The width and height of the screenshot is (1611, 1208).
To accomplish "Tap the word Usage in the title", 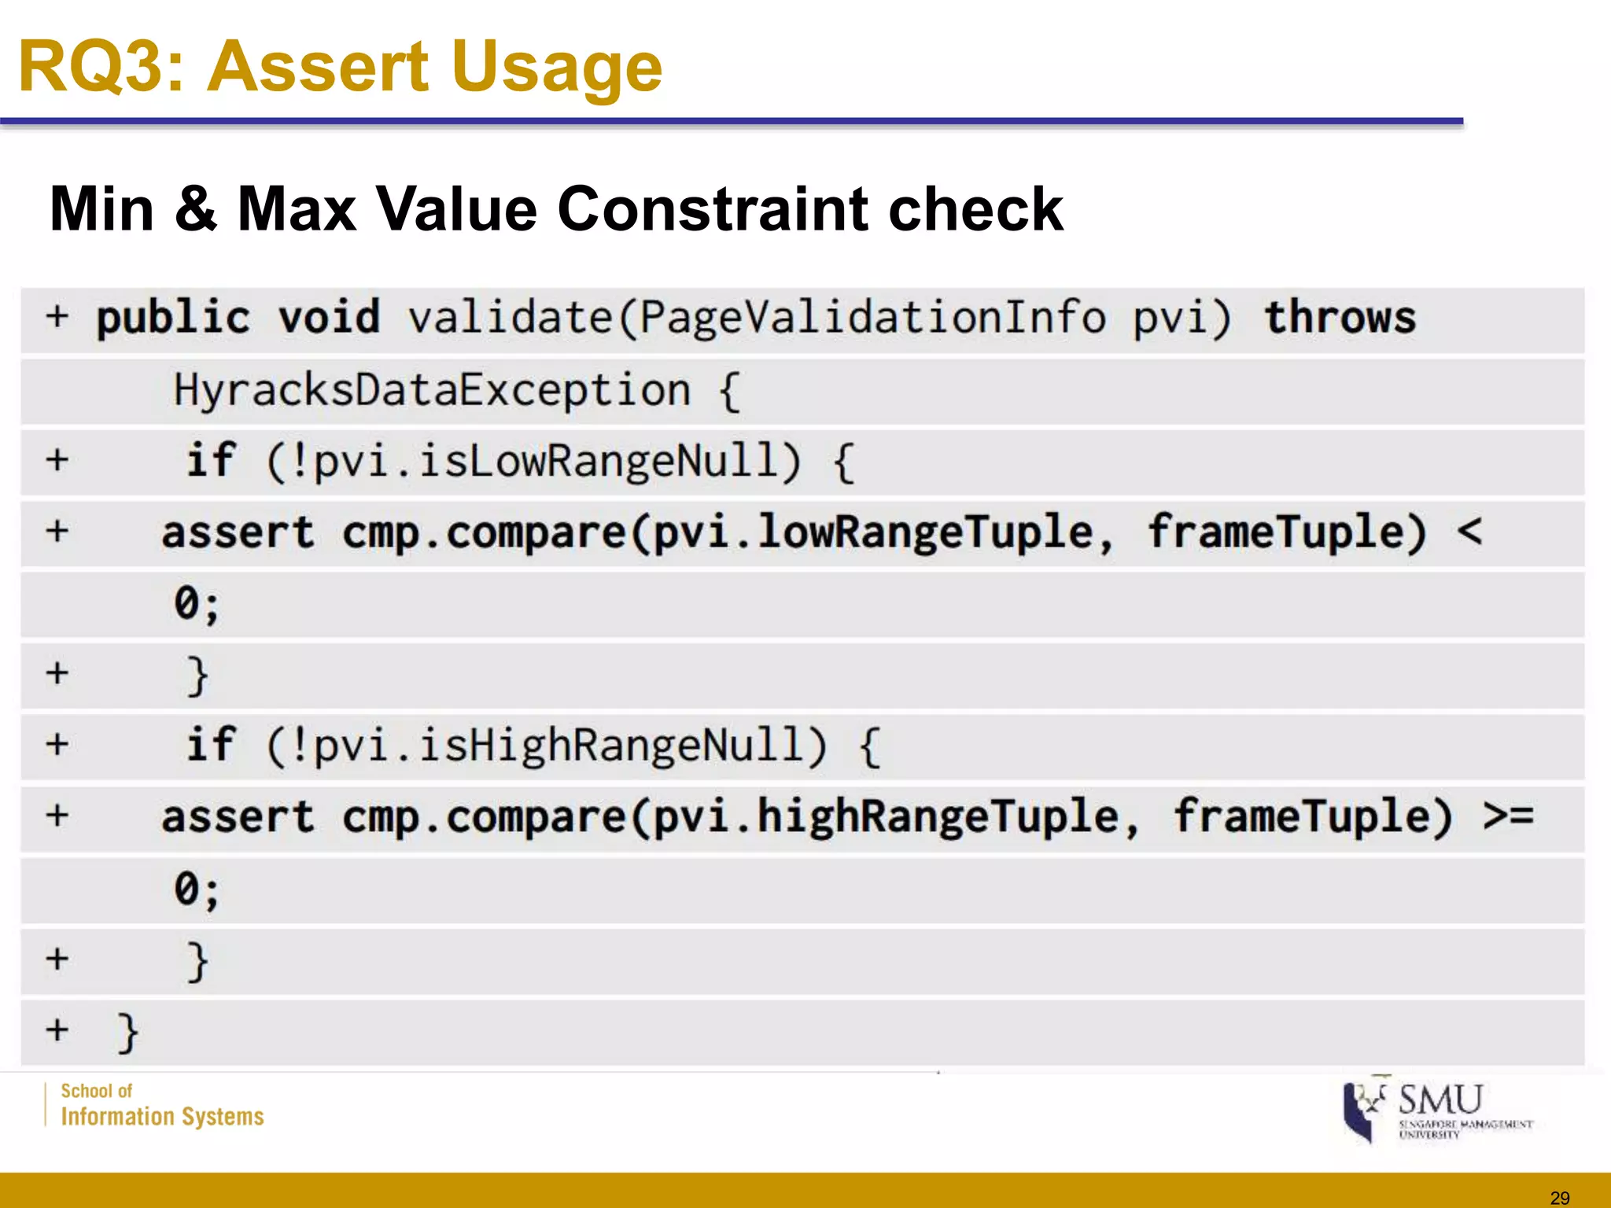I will click(x=557, y=69).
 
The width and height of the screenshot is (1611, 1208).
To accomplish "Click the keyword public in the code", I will click(x=173, y=318).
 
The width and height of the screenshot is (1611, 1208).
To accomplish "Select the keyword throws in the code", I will click(x=1340, y=318).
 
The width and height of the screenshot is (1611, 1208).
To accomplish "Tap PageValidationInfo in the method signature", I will click(x=872, y=318).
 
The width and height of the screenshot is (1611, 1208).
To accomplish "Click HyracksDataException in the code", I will click(x=432, y=390).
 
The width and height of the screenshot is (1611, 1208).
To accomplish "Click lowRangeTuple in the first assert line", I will click(x=924, y=532).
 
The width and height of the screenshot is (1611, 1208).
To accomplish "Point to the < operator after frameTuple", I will click(x=1469, y=532).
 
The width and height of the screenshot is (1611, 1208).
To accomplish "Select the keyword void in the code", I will click(x=329, y=318).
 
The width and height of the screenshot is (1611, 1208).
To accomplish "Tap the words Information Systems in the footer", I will click(x=162, y=1117).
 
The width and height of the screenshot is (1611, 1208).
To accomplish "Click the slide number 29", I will click(x=1560, y=1198).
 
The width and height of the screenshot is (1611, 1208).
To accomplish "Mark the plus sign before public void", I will click(x=57, y=317).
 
